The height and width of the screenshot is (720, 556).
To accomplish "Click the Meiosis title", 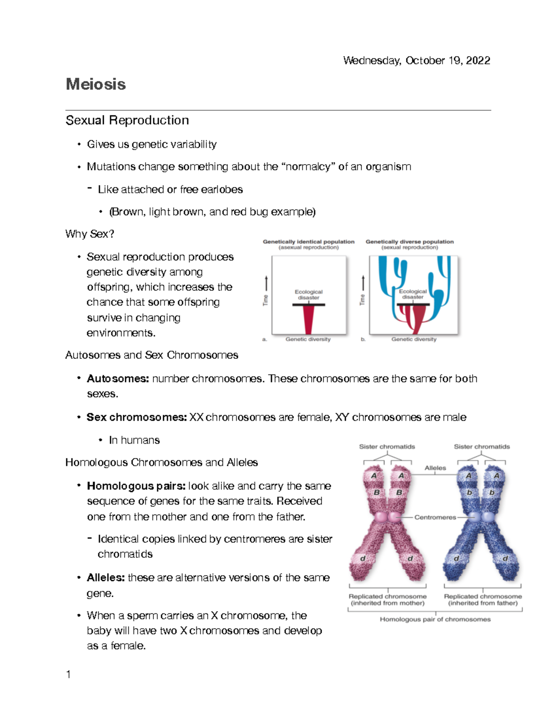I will pyautogui.click(x=95, y=84).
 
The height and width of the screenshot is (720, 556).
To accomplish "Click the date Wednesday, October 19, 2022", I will pyautogui.click(x=416, y=61).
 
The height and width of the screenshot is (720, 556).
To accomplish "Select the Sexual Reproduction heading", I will pyautogui.click(x=127, y=121).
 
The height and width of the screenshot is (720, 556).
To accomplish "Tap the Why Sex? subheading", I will pyautogui.click(x=89, y=234).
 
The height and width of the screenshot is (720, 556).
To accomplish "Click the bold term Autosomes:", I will pyautogui.click(x=118, y=379).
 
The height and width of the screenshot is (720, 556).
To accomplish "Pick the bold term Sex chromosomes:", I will pyautogui.click(x=137, y=417).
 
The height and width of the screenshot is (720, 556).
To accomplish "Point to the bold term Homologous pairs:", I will pyautogui.click(x=136, y=486).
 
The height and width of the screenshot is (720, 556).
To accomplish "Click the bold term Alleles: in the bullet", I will pyautogui.click(x=106, y=578).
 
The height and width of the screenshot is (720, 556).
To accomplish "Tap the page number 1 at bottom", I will pyautogui.click(x=69, y=675).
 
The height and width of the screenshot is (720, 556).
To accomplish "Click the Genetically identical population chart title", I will pyautogui.click(x=309, y=242).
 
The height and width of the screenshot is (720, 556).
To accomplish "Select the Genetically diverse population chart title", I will pyautogui.click(x=410, y=242).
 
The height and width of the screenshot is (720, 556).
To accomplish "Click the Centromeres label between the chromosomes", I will pyautogui.click(x=435, y=517).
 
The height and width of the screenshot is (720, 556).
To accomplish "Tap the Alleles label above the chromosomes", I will pyautogui.click(x=435, y=468).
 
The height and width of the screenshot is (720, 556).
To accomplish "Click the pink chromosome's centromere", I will pyautogui.click(x=387, y=517).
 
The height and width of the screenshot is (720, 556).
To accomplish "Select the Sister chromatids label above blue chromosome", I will pyautogui.click(x=481, y=447).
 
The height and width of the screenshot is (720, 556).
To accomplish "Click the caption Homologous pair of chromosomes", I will pyautogui.click(x=435, y=619).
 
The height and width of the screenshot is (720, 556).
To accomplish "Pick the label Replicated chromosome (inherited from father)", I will pyautogui.click(x=483, y=599).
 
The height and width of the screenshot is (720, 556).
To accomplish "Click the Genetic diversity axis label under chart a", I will pyautogui.click(x=308, y=339).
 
